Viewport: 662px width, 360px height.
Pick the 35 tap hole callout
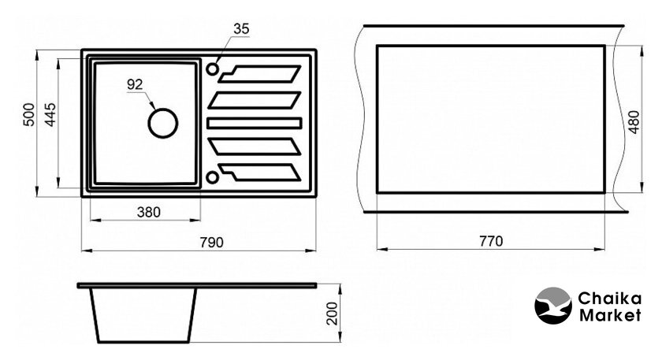coord(241,29)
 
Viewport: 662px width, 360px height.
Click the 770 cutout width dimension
coord(489,241)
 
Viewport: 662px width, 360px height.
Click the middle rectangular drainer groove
coord(255,123)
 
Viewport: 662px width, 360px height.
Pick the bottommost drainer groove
coord(260,171)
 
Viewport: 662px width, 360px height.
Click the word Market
coord(607,315)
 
